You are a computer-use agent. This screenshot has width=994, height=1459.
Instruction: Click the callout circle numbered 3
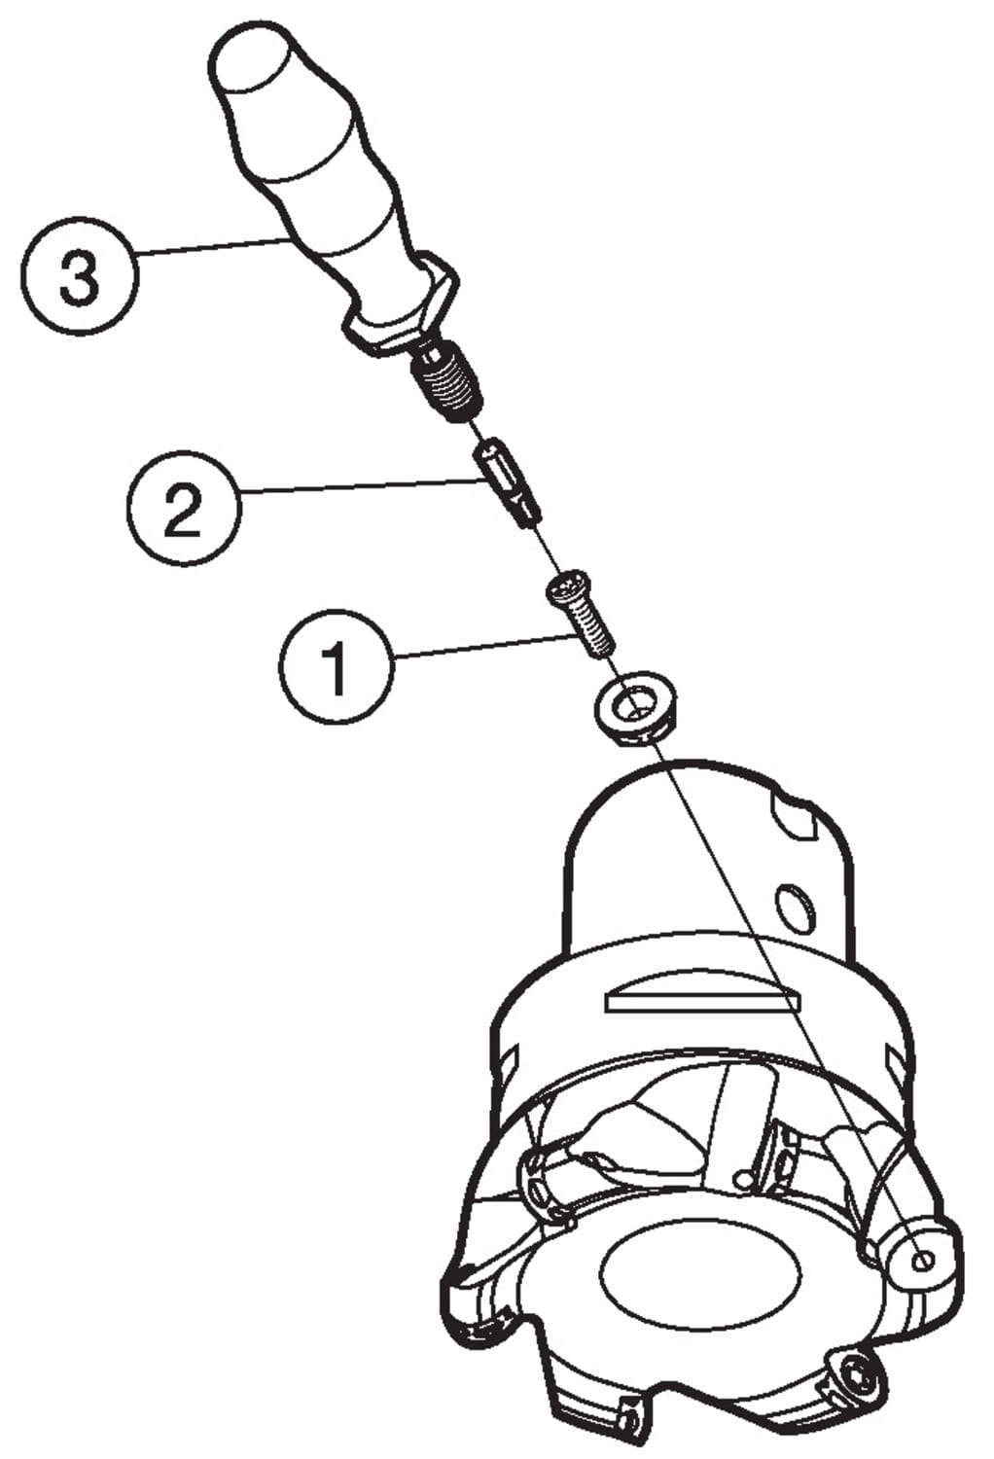80,276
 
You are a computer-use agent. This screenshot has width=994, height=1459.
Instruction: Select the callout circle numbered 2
185,508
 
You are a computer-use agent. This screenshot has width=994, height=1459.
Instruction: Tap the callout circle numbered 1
337,665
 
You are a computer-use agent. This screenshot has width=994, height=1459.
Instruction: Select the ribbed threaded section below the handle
446,385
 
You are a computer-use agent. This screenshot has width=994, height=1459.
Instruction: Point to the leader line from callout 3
212,246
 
